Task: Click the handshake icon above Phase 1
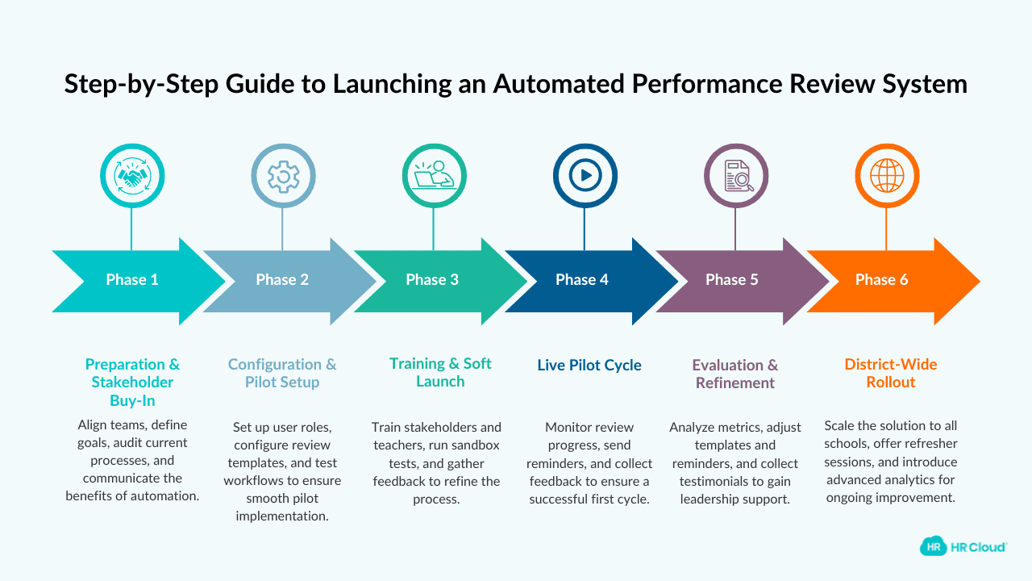(x=131, y=176)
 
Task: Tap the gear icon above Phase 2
(x=282, y=176)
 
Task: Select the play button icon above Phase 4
(x=585, y=176)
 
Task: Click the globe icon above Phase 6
(x=886, y=176)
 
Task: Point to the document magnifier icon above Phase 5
(x=735, y=176)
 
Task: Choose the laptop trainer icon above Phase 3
(x=434, y=176)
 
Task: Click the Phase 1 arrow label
(x=131, y=280)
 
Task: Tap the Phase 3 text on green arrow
(x=432, y=280)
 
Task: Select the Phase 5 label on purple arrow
(x=731, y=280)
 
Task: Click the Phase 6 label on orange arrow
(x=881, y=280)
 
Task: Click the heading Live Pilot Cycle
(x=589, y=366)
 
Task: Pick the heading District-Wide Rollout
(x=890, y=374)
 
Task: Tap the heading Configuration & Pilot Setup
(x=282, y=374)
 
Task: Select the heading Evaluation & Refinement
(x=735, y=374)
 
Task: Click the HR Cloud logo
(x=963, y=546)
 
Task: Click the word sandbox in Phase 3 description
(x=475, y=445)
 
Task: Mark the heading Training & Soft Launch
(x=440, y=373)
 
